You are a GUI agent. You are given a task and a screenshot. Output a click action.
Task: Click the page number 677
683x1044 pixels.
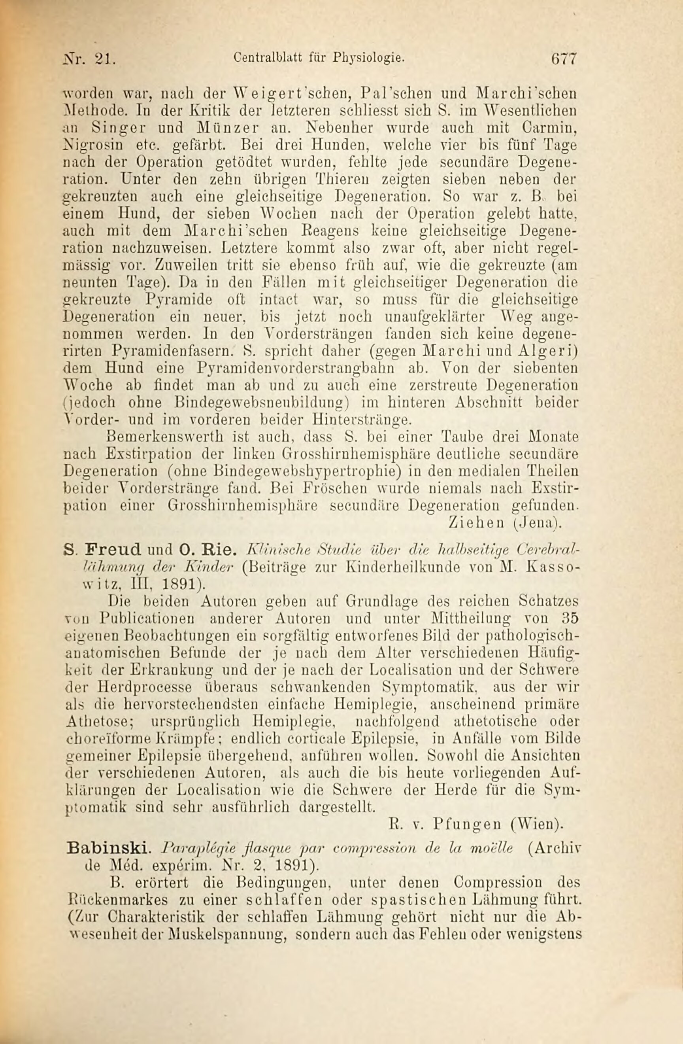(565, 59)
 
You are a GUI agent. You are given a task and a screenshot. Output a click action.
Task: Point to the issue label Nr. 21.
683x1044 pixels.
(89, 59)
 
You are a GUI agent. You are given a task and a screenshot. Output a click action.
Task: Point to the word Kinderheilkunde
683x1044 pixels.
(403, 567)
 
